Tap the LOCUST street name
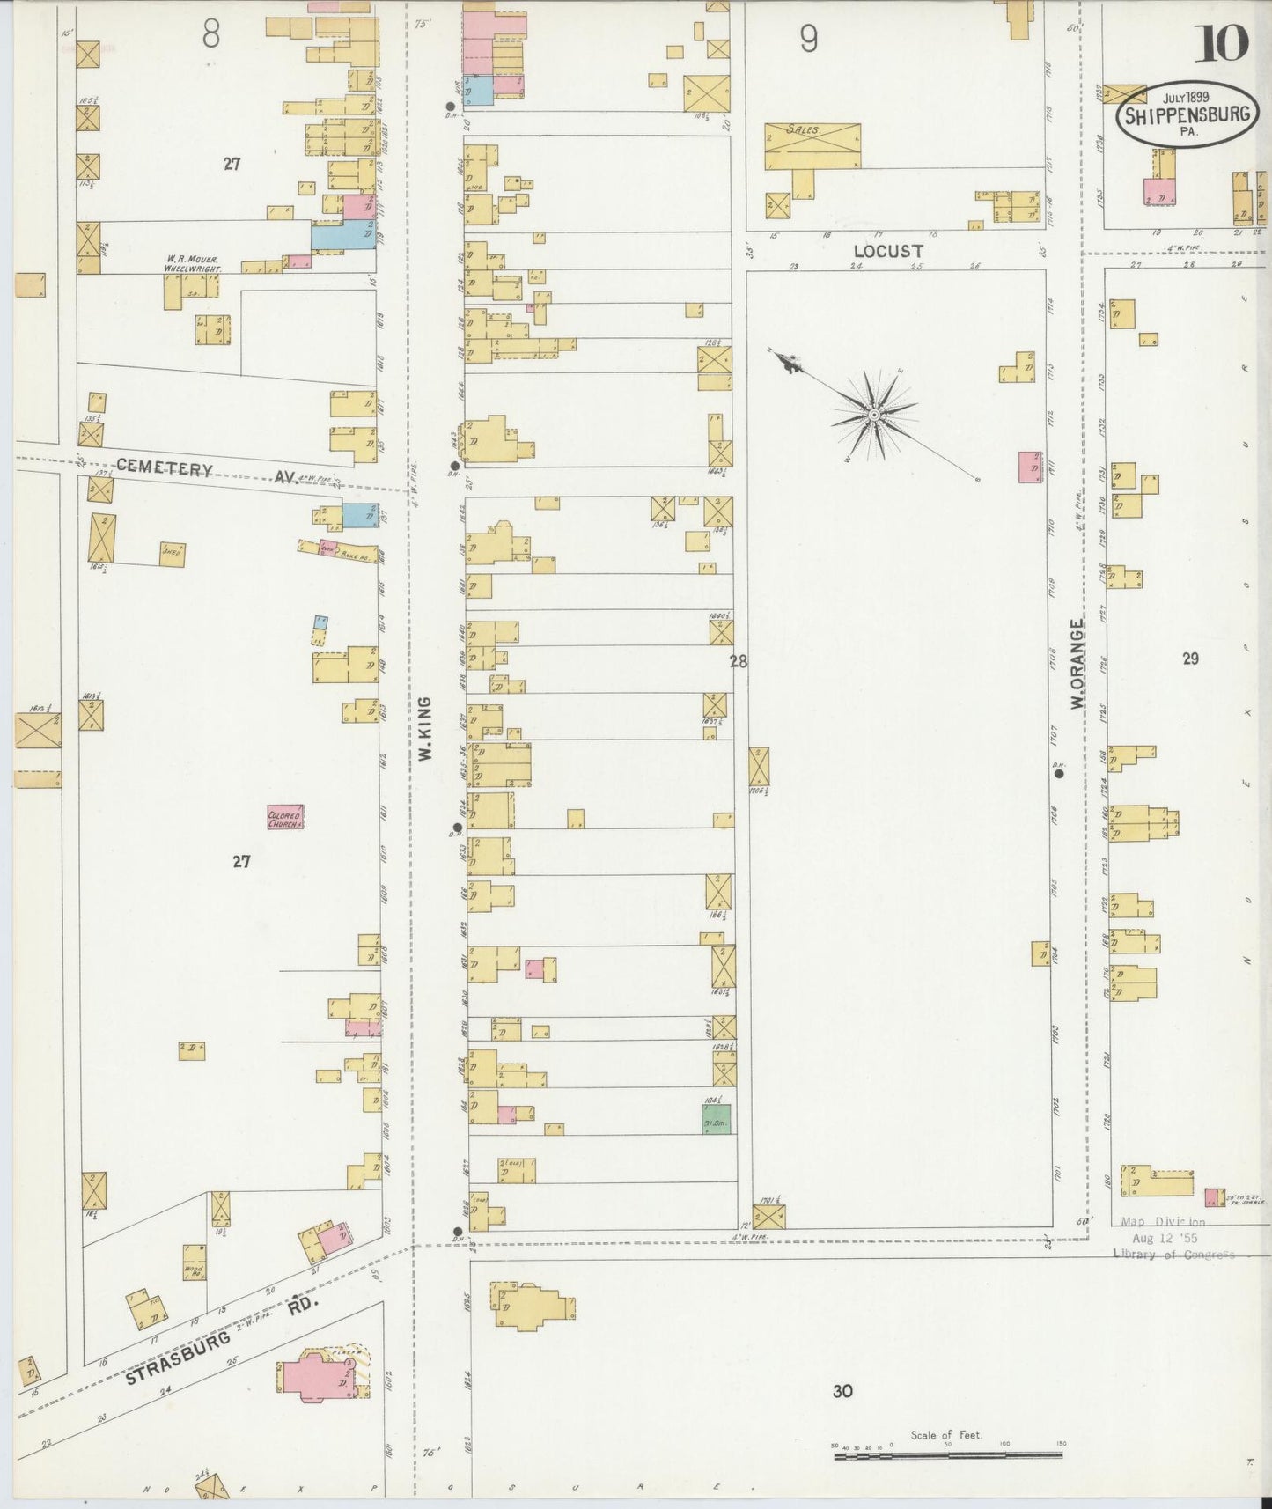[x=887, y=251]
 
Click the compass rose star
[x=874, y=414]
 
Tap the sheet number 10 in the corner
[x=1220, y=42]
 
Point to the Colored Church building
[x=285, y=818]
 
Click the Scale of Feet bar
[x=948, y=1456]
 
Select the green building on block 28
[x=717, y=1119]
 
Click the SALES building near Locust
[x=812, y=146]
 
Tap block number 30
[x=842, y=1391]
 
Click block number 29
[x=1190, y=658]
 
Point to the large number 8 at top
[x=211, y=35]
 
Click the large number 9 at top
[x=809, y=39]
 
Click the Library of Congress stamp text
[x=1173, y=1255]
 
